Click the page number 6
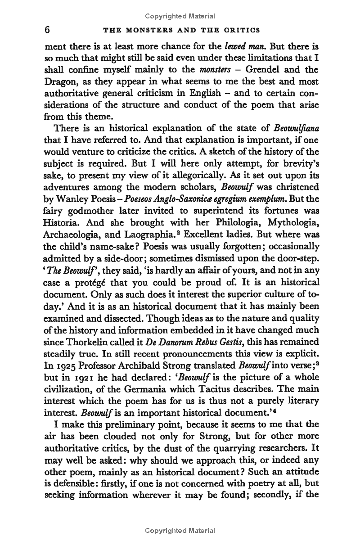(x=46, y=30)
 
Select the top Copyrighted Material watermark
(x=180, y=16)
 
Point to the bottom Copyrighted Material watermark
(x=180, y=531)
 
